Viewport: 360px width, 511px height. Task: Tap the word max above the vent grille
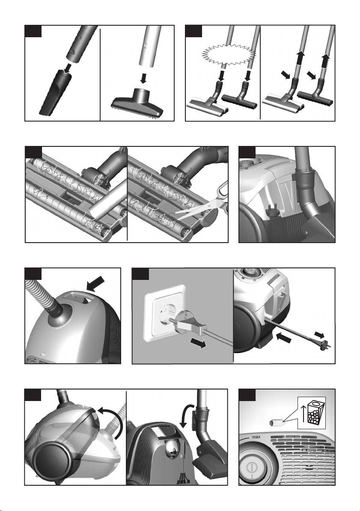(x=256, y=437)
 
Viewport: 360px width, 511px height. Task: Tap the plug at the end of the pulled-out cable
(x=325, y=344)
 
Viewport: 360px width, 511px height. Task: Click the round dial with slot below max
(x=252, y=466)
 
